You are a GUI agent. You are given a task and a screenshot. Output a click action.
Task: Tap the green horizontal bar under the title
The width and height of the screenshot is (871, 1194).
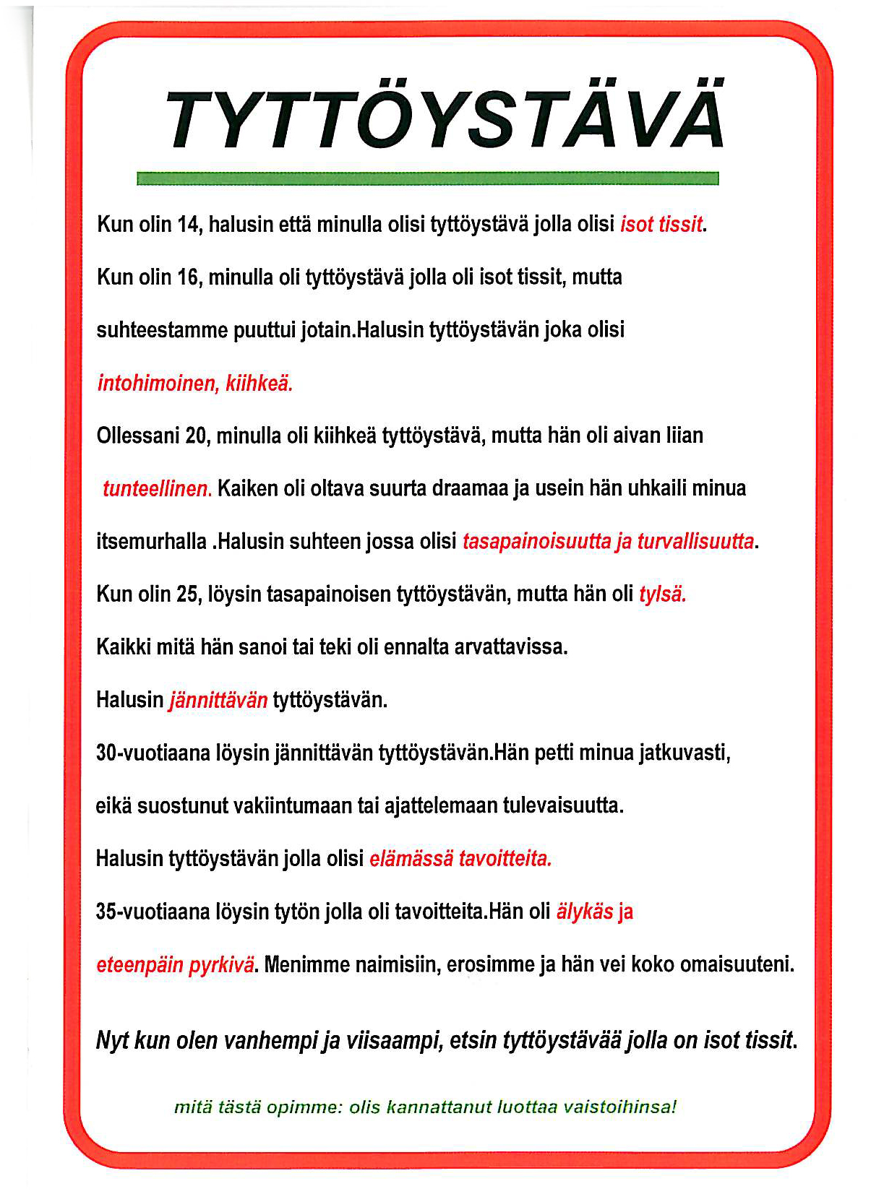click(427, 178)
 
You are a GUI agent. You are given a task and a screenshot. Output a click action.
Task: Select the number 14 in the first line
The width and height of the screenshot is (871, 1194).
click(188, 225)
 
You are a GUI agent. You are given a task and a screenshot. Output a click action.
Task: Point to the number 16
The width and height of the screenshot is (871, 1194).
click(188, 277)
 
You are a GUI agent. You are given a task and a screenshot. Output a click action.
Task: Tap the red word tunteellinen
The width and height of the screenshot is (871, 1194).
click(156, 489)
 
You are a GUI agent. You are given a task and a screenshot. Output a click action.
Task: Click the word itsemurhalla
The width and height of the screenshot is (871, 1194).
click(151, 542)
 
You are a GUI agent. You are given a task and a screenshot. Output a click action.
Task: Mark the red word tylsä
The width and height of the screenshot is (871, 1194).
click(662, 594)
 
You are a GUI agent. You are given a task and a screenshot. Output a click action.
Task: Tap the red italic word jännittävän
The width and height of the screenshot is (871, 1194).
click(218, 700)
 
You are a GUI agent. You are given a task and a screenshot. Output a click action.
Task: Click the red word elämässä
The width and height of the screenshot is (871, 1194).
click(411, 859)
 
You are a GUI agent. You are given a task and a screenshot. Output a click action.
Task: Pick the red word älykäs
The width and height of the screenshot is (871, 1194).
click(584, 912)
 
